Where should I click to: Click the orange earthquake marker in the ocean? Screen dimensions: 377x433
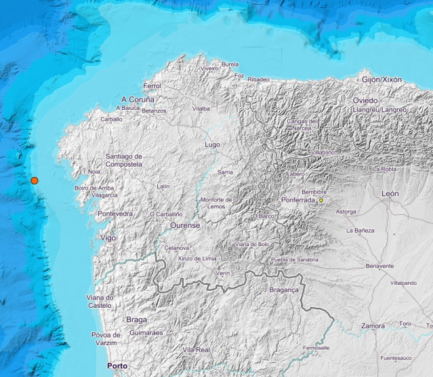34,180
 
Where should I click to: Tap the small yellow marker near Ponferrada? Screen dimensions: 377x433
321,200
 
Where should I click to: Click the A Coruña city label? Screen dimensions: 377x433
138,98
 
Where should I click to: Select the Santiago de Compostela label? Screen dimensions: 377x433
123,160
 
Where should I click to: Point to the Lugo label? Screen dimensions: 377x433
213,144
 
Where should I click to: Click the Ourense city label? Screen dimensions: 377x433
184,226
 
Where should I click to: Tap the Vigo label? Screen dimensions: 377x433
107,238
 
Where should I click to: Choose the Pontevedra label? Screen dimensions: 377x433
115,214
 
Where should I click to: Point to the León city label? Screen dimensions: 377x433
390,194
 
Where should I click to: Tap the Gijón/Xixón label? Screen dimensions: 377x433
382,79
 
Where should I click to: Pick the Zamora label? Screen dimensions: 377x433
373,325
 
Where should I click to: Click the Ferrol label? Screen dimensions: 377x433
152,86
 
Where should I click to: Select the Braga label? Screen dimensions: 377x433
136,319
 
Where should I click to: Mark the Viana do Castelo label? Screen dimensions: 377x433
100,302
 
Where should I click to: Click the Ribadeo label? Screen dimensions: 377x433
258,79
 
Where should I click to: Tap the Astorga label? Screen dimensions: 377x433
346,212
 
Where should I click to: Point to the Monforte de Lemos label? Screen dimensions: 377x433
216,203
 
